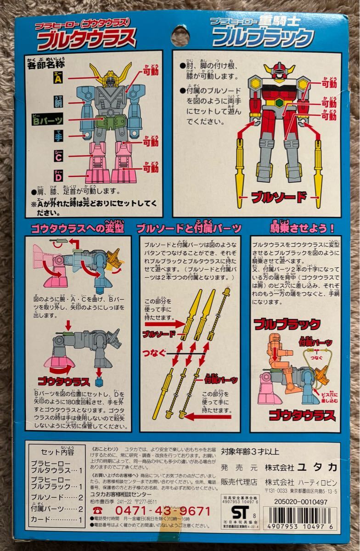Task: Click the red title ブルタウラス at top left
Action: (86, 39)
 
